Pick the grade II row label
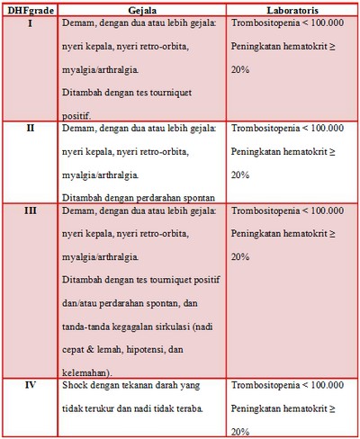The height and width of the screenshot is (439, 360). pos(31,128)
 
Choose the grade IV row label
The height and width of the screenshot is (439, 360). pos(31,385)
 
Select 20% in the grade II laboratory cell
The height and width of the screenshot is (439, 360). pos(240,175)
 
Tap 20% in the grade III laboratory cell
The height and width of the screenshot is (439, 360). pos(240,257)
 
